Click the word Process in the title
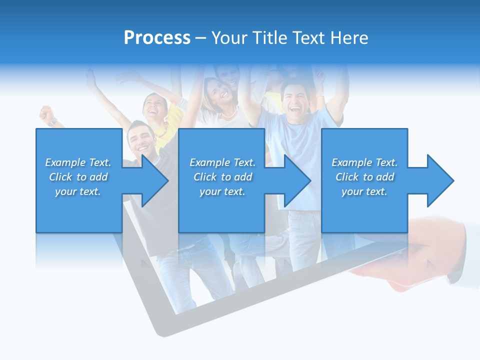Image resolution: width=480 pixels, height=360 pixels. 157,38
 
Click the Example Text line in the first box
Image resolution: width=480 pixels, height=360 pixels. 78,162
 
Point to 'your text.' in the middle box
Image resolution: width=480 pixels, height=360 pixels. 222,191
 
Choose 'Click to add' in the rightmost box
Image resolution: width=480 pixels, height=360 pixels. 364,177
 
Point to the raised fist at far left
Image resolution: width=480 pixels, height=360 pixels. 47,114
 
